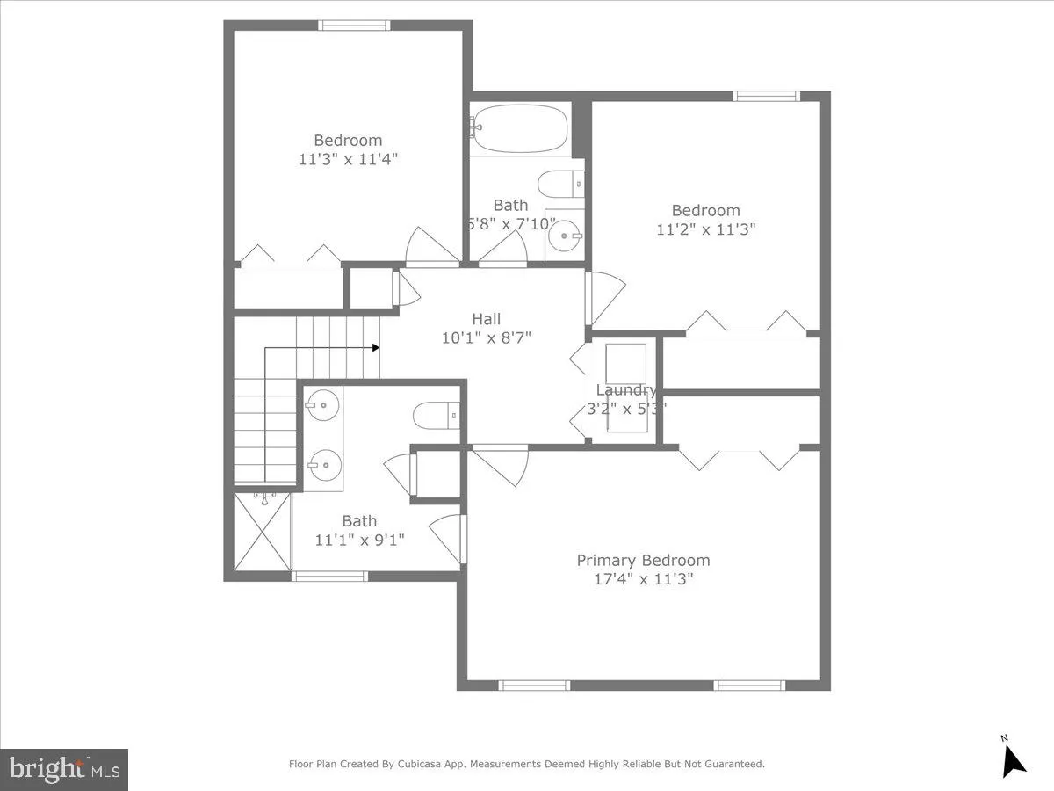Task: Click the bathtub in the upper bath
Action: pos(519,130)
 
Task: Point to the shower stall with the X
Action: pos(263,532)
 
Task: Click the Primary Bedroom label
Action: pos(643,561)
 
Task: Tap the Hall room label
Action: pos(487,319)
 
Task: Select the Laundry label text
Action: pos(625,390)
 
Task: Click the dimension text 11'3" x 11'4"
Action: pos(348,159)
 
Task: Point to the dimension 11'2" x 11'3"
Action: pos(705,229)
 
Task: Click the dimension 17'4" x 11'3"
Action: pos(643,579)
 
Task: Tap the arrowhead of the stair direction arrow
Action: pos(375,348)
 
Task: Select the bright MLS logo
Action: pos(64,769)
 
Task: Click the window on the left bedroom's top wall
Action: pos(354,25)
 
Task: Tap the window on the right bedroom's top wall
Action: pos(766,96)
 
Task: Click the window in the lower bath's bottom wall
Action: pos(329,577)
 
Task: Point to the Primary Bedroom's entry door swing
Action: pos(501,463)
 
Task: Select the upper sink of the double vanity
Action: pos(322,405)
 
